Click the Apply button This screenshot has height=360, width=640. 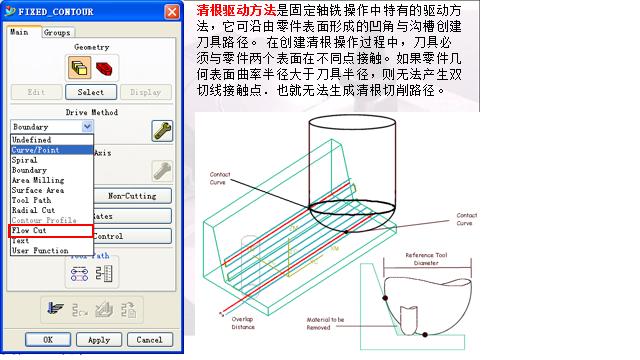click(98, 340)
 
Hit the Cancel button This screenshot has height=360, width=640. click(149, 340)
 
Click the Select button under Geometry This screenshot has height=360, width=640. click(91, 92)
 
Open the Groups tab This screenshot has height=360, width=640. click(57, 32)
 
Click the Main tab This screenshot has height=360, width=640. click(20, 32)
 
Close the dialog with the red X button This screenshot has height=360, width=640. click(173, 12)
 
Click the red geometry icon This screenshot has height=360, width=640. click(105, 68)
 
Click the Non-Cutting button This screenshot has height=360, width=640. click(130, 196)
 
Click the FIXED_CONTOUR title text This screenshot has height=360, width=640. click(56, 12)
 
